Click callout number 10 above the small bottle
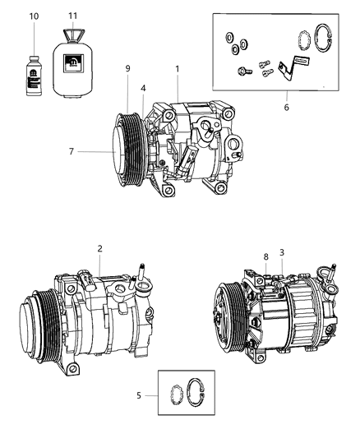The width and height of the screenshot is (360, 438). point(34,16)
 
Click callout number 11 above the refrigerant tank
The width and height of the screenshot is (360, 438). point(72,16)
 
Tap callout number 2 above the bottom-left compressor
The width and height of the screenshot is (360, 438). point(99,247)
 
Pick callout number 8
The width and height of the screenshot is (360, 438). point(266,256)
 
